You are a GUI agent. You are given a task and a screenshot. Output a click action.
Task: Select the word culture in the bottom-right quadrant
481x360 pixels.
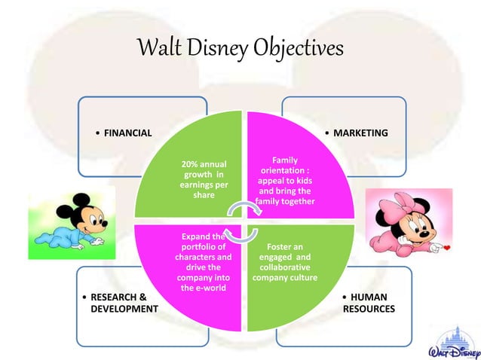coord(303,278)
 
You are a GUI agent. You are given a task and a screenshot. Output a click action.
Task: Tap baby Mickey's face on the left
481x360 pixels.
coord(85,213)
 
